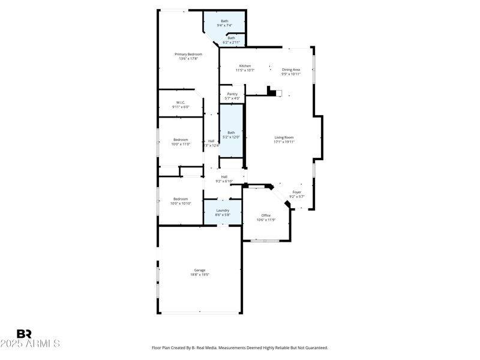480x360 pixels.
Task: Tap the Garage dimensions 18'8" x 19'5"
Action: pos(200,274)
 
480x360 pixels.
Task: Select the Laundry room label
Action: pos(223,210)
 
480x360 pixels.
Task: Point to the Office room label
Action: pos(266,215)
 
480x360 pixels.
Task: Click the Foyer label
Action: pos(297,192)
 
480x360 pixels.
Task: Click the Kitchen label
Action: pos(245,66)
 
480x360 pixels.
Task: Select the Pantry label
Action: pos(232,94)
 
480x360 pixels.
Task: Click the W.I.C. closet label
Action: pos(181,102)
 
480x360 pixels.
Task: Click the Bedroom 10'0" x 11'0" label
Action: pos(181,139)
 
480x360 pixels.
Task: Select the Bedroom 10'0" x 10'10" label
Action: pos(181,199)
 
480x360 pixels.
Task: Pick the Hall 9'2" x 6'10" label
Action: pos(224,176)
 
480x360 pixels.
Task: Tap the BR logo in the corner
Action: pos(24,334)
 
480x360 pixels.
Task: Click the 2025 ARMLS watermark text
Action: pos(30,344)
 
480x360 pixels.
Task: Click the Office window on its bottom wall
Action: pos(265,241)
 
